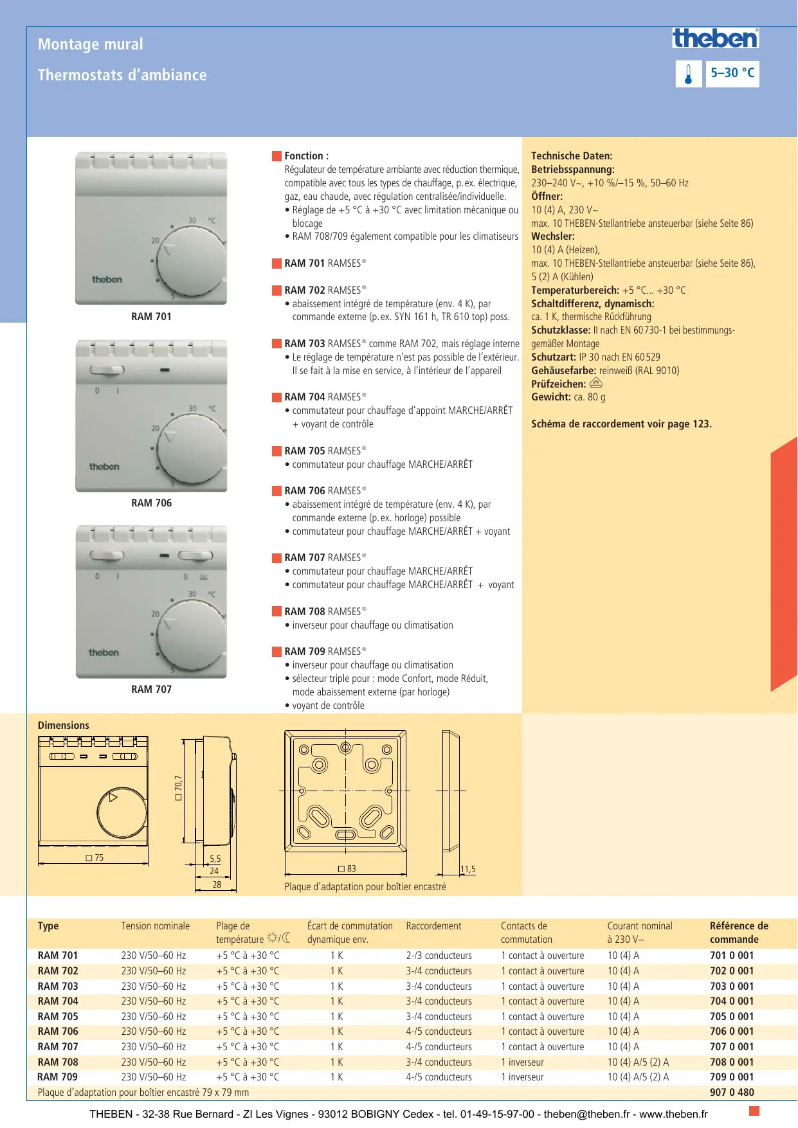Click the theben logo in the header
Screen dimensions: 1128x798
tap(715, 39)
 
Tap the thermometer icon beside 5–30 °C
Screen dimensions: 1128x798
tap(688, 74)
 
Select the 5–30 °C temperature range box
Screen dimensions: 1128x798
tap(732, 73)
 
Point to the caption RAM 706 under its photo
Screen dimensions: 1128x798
tap(151, 503)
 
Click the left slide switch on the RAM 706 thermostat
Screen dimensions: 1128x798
tap(107, 370)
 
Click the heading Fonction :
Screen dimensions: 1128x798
tap(306, 156)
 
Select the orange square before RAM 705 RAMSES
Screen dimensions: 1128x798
tap(277, 451)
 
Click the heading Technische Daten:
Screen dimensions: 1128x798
tap(572, 156)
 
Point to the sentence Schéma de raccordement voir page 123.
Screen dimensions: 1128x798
tap(621, 424)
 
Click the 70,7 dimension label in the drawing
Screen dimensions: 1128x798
tap(178, 787)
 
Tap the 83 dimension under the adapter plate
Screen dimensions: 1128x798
tap(347, 869)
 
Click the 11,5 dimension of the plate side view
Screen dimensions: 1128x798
tap(467, 870)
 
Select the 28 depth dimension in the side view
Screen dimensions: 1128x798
tap(217, 885)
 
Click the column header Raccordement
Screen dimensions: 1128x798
tap(433, 926)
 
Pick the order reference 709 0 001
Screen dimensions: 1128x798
tap(731, 1077)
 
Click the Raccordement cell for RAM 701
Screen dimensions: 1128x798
tap(439, 956)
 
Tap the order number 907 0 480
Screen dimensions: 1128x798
tap(732, 1093)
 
